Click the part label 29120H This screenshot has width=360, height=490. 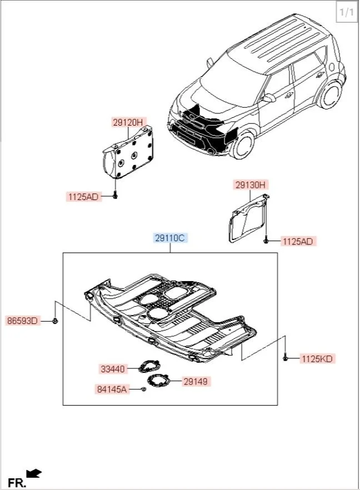pos(128,123)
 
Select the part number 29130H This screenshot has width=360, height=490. pos(251,185)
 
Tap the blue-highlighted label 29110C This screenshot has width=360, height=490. pos(171,238)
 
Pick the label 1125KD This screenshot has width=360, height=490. pos(317,359)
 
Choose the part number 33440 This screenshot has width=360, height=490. pos(113,368)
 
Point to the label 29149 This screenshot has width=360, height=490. pos(198,382)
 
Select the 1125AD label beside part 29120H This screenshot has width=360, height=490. pos(83,197)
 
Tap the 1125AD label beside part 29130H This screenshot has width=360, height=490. pos(298,241)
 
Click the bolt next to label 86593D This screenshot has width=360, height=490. pos(56,321)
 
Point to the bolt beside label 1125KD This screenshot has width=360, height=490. pos(286,358)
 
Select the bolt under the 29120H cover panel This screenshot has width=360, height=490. pos(115,196)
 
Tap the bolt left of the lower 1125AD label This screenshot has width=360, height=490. pos(267,241)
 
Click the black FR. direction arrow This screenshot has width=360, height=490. pos(34,473)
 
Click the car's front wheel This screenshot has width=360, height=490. pos(243,145)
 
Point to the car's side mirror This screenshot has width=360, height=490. pos(269,98)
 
